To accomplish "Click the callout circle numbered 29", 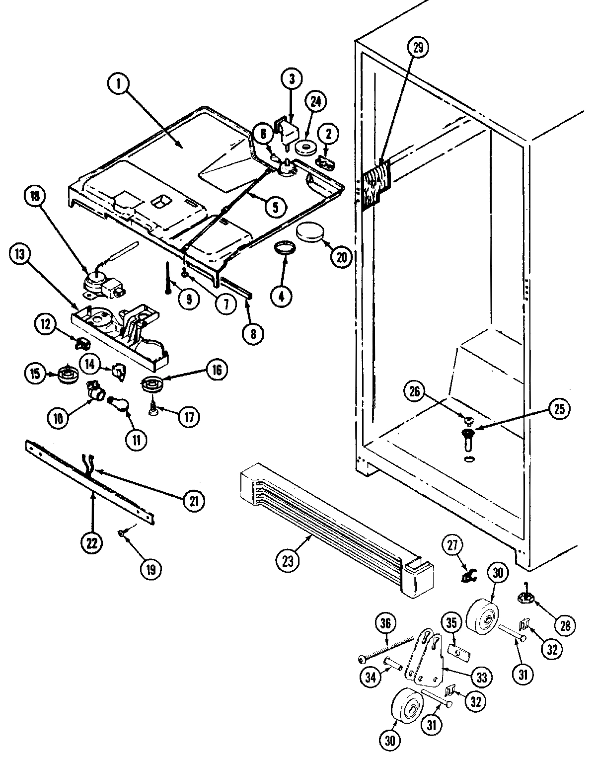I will coord(418,48).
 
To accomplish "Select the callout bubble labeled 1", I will coord(118,85).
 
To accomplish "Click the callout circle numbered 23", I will coord(288,560).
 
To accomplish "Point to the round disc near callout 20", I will coord(309,233).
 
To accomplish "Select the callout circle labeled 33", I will coord(481,676).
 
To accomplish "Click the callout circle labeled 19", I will coord(150,570).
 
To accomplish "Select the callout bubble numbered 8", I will coord(253,334).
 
